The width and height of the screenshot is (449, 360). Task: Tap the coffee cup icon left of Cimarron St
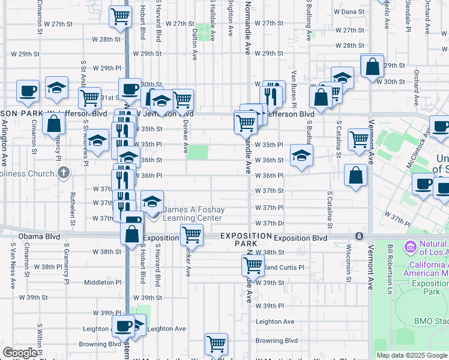[28, 91]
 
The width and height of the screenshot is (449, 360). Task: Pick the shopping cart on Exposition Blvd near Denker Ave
[191, 234]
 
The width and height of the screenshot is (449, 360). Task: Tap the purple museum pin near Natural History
[411, 246]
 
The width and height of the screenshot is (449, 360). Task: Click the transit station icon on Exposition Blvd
[359, 236]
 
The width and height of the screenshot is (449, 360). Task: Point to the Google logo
[20, 353]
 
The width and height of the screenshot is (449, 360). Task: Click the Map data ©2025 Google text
[412, 355]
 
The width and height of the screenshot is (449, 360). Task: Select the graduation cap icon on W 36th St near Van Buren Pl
[301, 157]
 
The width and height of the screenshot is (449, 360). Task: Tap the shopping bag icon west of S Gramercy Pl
[53, 124]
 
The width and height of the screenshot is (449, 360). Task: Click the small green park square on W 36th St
[197, 152]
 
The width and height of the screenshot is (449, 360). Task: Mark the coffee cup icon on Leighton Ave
[123, 327]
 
